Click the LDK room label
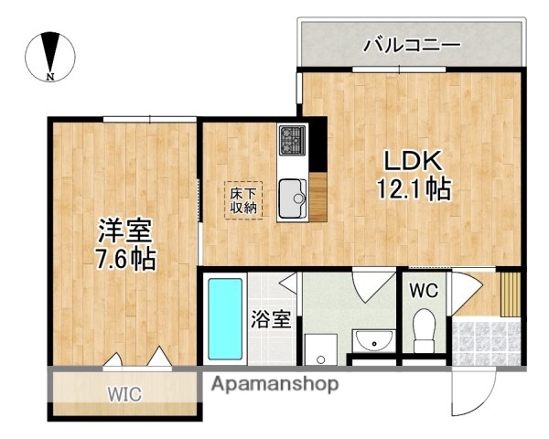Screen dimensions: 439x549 [x=414, y=162]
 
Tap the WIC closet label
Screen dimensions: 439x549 [x=125, y=395]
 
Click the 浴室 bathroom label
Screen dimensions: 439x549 [x=272, y=320]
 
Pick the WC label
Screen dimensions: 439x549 [x=423, y=292]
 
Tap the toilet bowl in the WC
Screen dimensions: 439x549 [x=424, y=331]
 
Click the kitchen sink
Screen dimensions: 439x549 [x=293, y=194]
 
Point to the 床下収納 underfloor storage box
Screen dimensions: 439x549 [x=243, y=199]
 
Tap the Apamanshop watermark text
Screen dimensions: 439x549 [x=274, y=383]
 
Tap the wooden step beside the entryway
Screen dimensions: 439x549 [x=509, y=293]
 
